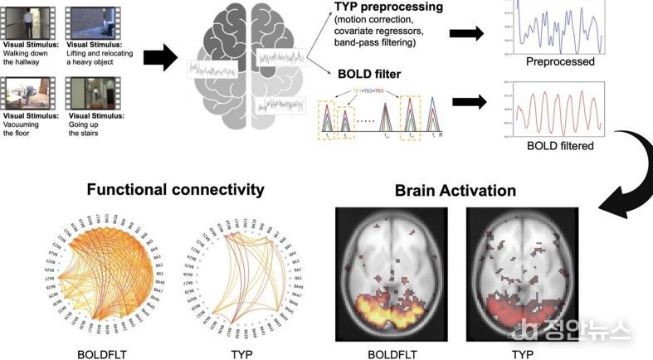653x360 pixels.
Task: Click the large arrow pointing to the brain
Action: click(x=160, y=58)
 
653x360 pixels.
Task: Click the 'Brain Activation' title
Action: click(x=455, y=191)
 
